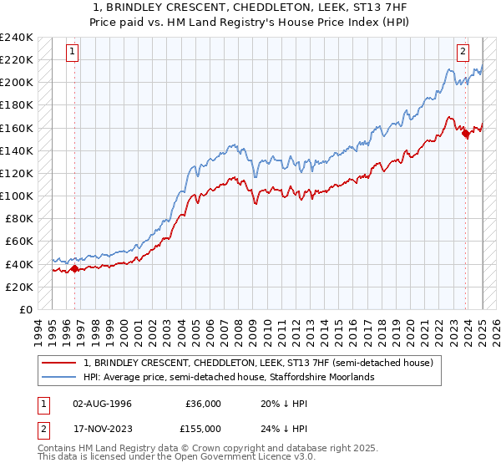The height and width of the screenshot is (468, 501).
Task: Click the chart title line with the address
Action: point(250,8)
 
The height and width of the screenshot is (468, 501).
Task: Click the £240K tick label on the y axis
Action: point(16,38)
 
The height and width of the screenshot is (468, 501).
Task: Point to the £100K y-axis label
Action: point(16,196)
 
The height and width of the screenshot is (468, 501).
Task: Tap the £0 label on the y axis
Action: point(25,309)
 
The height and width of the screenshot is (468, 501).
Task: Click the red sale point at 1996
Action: point(74,268)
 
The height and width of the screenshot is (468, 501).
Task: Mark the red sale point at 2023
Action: point(465,133)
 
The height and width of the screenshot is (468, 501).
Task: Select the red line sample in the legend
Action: point(58,364)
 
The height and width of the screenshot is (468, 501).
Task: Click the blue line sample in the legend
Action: point(58,378)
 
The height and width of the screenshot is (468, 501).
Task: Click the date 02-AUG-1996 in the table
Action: point(102,404)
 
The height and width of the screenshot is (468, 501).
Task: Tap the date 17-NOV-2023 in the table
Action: point(102,428)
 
